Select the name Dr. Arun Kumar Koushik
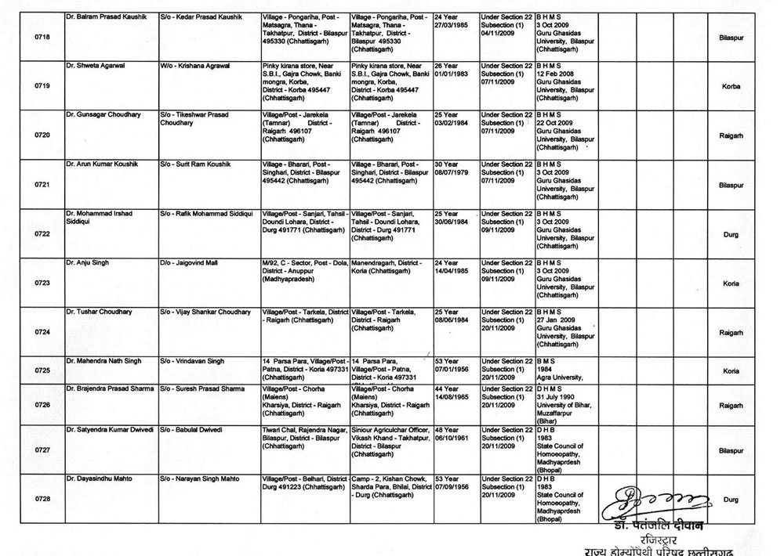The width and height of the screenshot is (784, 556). [101, 164]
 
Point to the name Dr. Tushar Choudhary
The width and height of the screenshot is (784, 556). [100, 312]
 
